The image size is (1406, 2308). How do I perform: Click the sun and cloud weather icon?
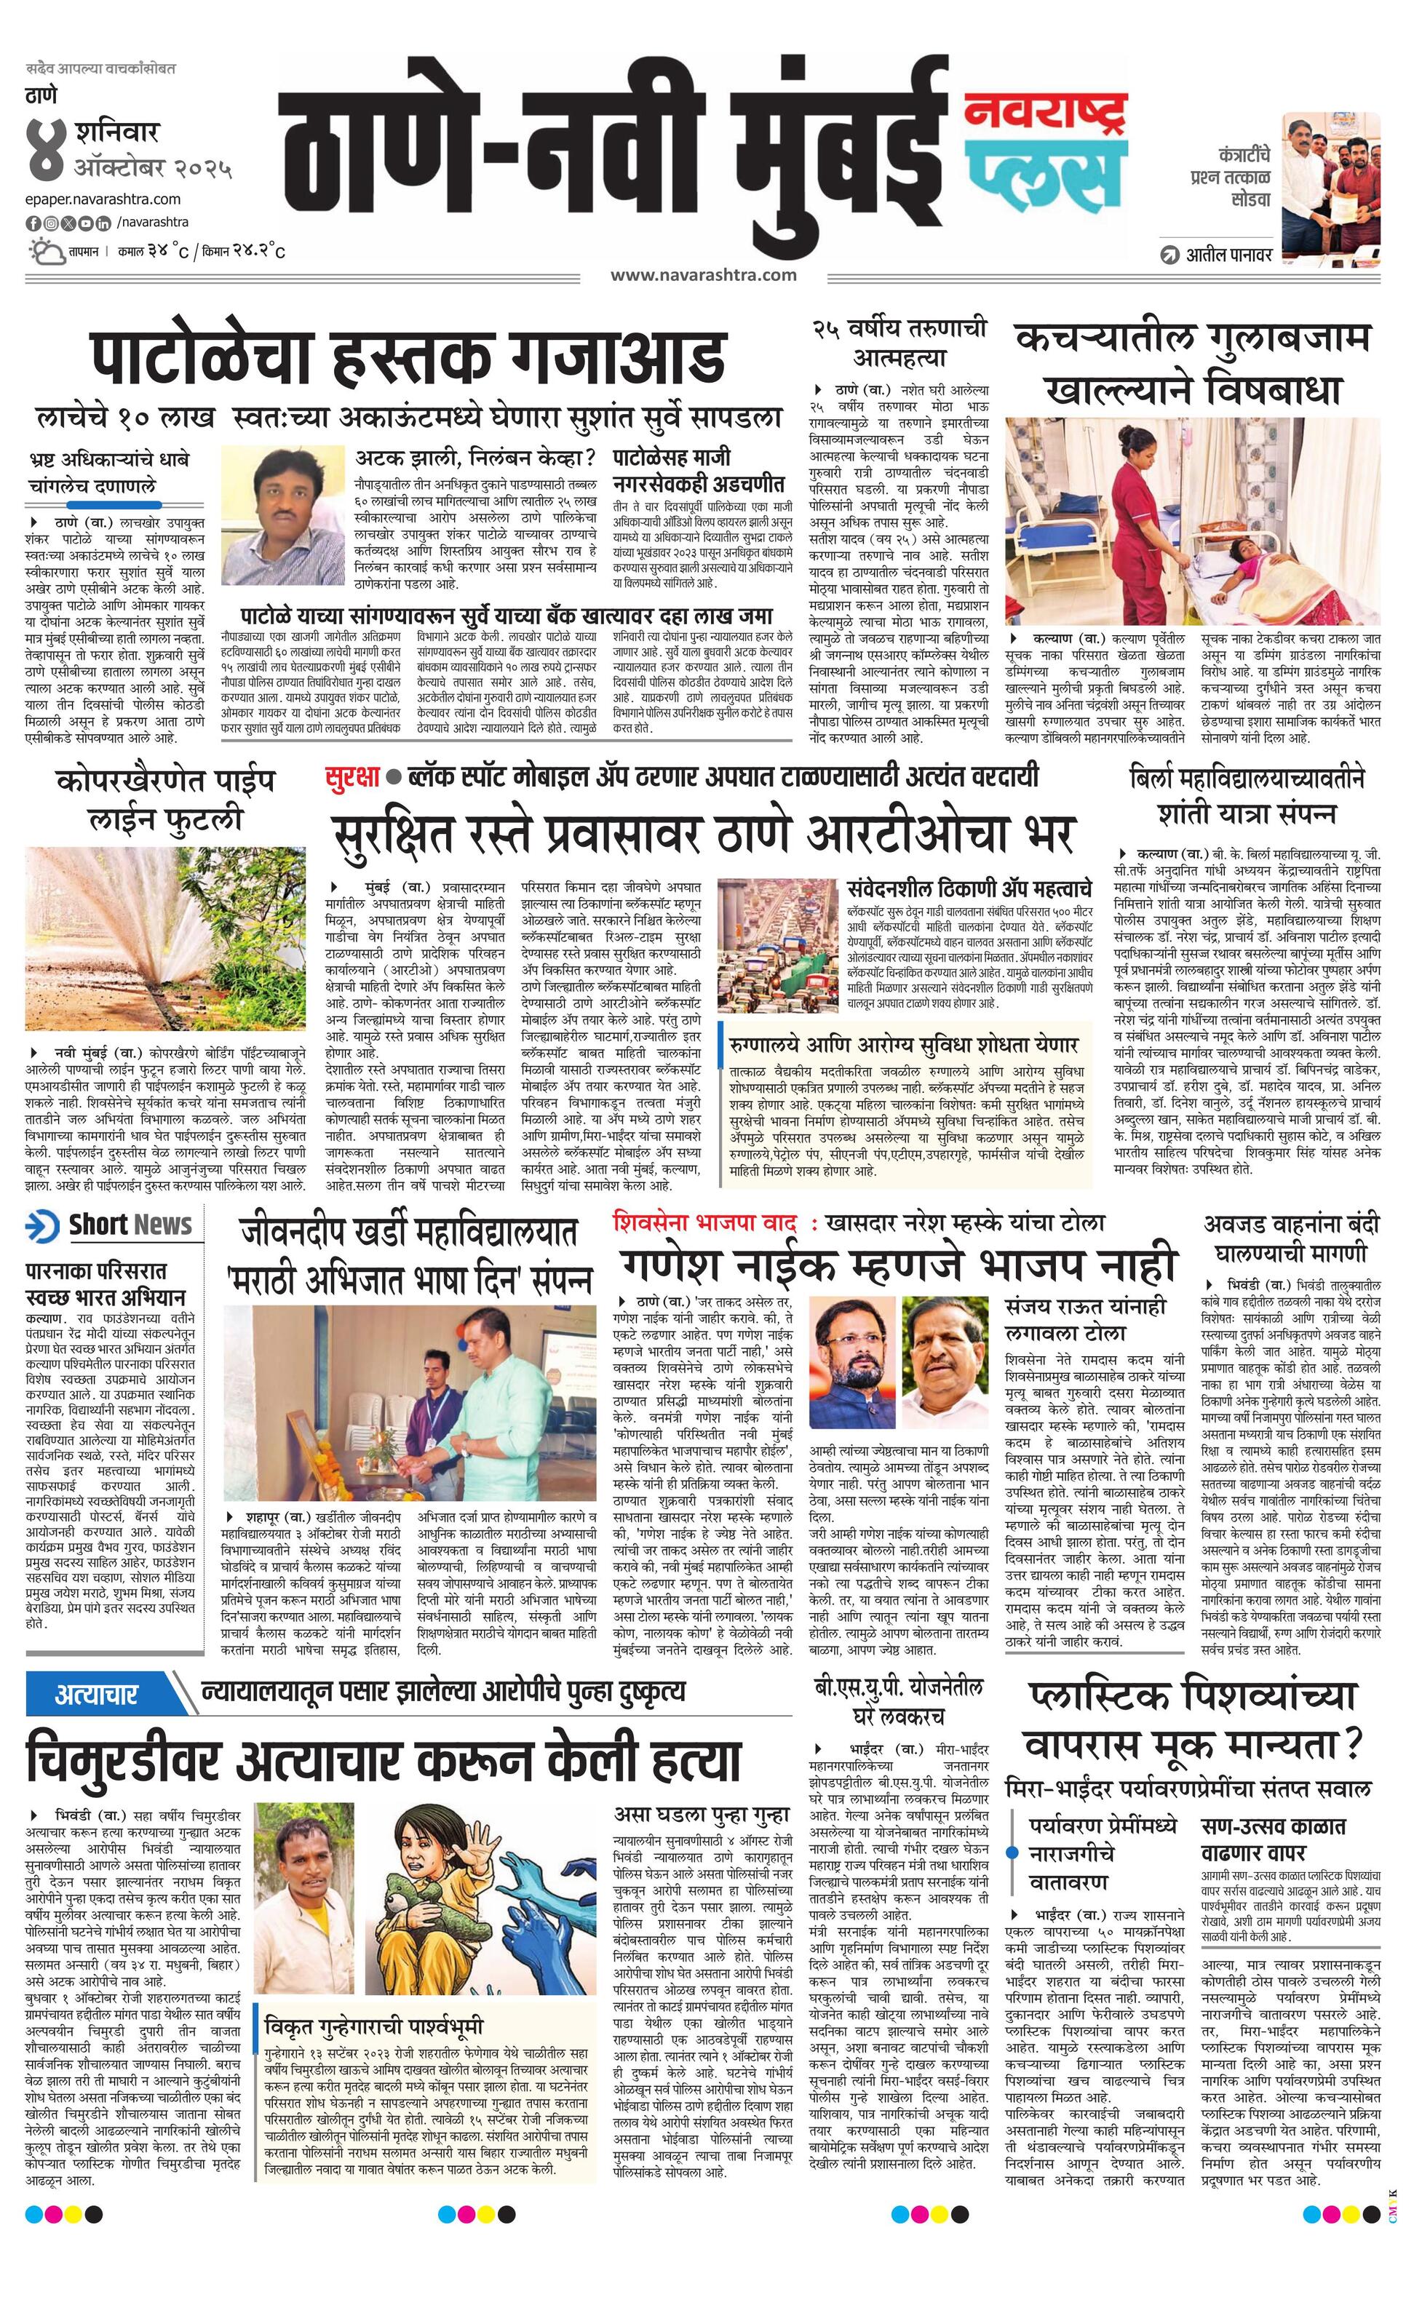(44, 251)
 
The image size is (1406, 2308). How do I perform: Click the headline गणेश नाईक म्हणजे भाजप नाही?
(897, 1265)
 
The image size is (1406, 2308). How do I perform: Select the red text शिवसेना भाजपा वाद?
(704, 1222)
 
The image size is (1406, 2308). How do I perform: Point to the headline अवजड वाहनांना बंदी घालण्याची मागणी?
(1291, 1238)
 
